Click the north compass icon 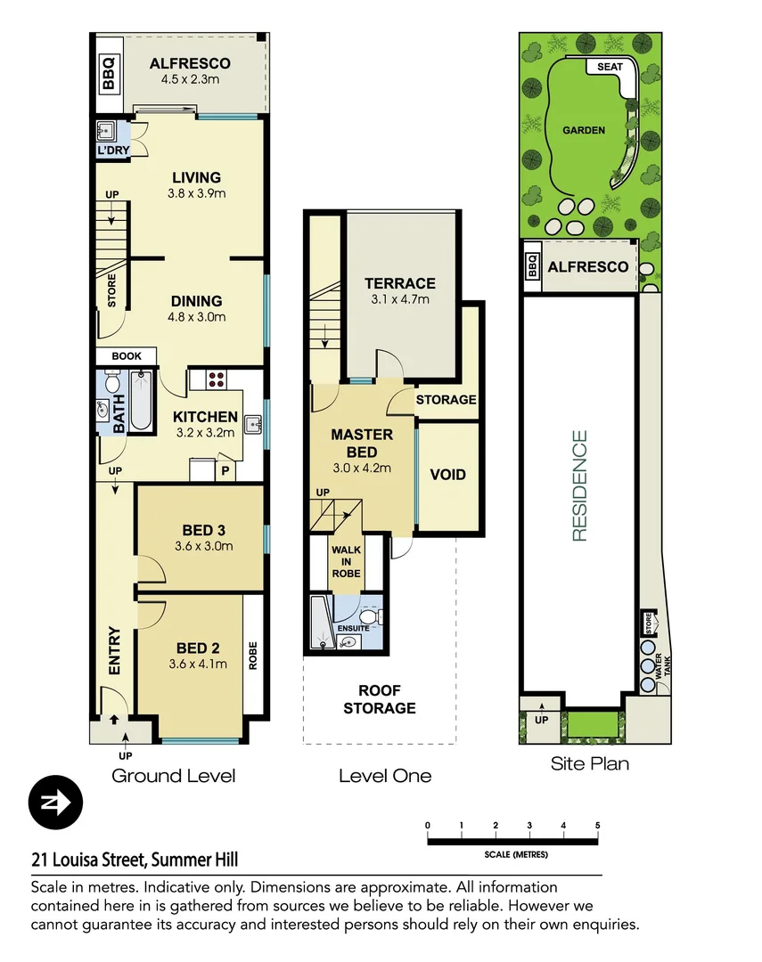[55, 803]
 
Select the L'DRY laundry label [113, 151]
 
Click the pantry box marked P [224, 471]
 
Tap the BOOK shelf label [127, 356]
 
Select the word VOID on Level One [447, 475]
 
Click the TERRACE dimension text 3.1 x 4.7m [400, 300]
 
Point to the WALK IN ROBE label [347, 561]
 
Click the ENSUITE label [353, 629]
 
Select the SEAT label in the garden [610, 67]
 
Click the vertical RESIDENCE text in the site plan [580, 485]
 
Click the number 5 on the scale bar [597, 825]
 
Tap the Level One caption [384, 776]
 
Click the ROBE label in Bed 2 [253, 656]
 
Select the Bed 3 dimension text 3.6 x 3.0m [201, 546]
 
